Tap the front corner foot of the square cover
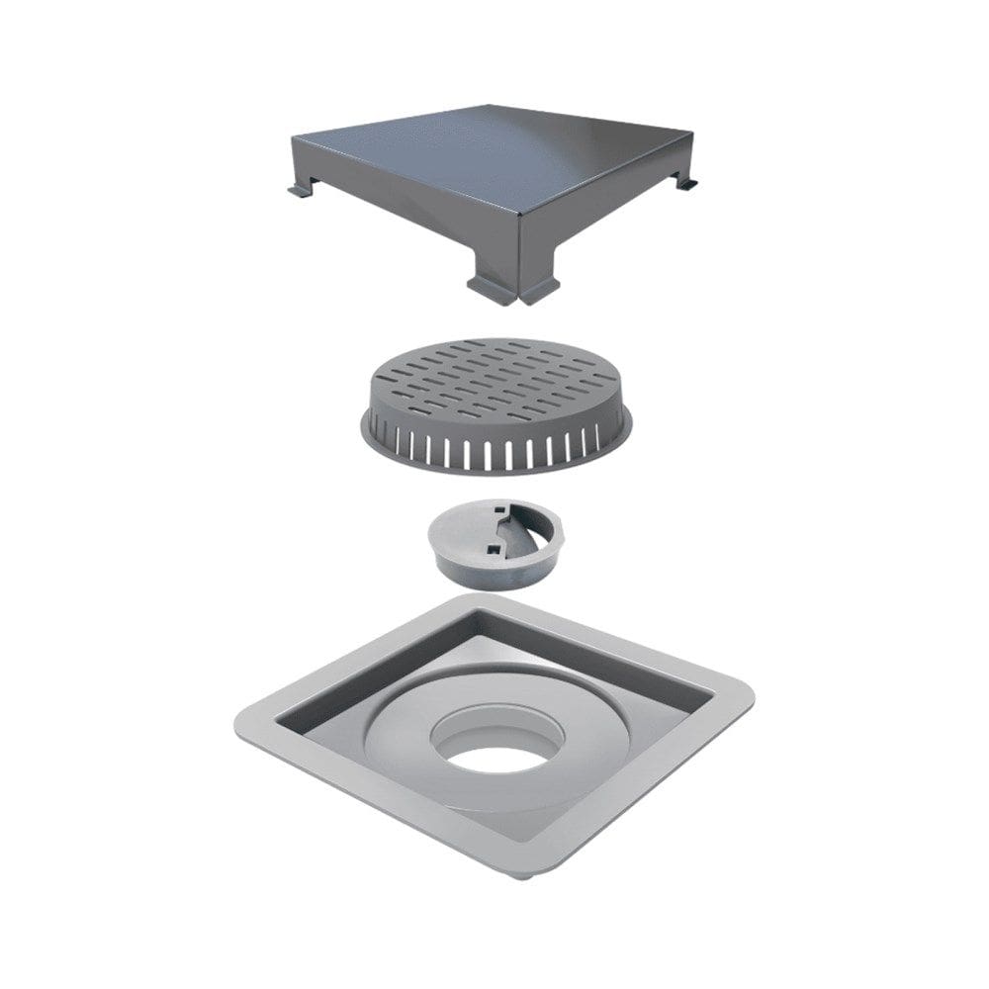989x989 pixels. coord(512,289)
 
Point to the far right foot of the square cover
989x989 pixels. coord(686,182)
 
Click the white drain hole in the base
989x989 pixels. coord(494,760)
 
